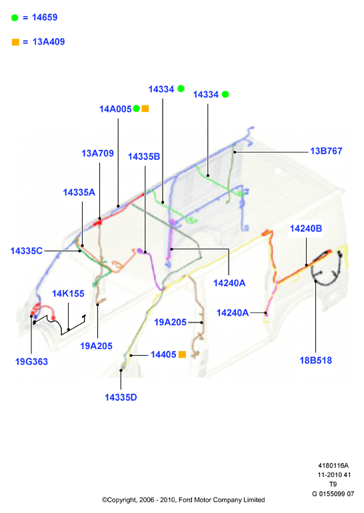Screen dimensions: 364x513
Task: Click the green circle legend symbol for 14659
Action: (15, 18)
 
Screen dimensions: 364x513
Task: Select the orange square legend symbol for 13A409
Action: (15, 42)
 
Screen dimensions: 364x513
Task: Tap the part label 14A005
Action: (115, 109)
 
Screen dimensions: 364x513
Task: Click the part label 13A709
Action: (97, 153)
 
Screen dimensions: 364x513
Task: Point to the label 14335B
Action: (144, 157)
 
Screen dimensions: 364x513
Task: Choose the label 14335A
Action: (79, 193)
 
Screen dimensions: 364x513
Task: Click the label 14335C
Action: (27, 251)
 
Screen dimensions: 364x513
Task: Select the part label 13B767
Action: (327, 151)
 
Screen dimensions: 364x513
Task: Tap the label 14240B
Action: (306, 229)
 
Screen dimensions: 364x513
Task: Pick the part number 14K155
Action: (68, 293)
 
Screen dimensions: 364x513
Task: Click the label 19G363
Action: (31, 362)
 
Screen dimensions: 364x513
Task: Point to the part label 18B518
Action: (316, 360)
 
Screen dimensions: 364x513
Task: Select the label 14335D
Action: (121, 397)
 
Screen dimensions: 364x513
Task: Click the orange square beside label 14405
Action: (182, 354)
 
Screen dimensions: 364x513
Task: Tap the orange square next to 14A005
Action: (145, 109)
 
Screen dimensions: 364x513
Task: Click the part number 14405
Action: (163, 354)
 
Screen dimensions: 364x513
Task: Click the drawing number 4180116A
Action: (333, 465)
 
